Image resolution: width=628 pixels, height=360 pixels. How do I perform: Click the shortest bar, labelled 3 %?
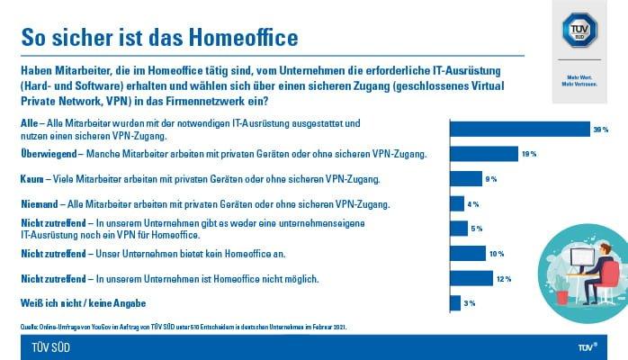click(454, 302)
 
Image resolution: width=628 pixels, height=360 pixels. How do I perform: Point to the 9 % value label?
click(491, 179)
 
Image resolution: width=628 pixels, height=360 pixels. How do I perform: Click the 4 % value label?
click(473, 204)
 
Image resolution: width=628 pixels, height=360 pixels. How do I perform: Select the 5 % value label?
click(477, 229)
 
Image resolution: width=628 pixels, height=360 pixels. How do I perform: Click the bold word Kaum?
click(32, 179)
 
